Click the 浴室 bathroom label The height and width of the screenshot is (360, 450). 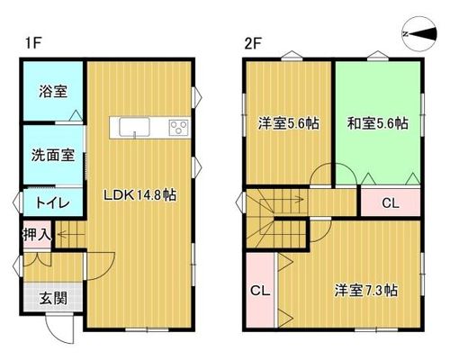53,91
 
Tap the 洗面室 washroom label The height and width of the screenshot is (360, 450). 53,155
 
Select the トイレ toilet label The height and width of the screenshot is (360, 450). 53,202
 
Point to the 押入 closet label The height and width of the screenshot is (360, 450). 37,234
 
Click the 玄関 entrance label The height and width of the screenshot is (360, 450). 53,298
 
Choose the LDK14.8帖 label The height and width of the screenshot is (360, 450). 139,195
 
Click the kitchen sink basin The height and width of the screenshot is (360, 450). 134,127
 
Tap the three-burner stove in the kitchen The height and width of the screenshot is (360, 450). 179,128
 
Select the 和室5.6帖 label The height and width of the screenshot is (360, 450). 378,123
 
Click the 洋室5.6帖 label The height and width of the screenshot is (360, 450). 289,123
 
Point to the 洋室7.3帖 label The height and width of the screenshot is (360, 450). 366,291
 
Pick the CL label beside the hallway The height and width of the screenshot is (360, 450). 391,203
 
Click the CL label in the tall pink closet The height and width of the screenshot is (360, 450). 260,291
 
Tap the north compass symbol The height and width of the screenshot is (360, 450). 419,33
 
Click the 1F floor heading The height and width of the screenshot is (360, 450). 32,44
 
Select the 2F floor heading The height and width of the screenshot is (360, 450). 254,44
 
